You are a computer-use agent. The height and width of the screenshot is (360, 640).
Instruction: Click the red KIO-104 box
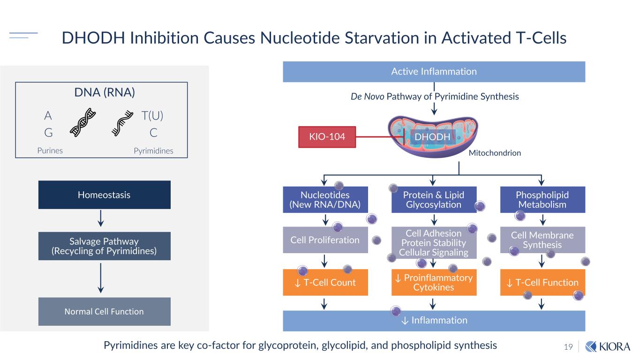[x=327, y=137]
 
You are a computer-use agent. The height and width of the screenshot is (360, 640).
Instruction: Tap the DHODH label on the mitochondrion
[x=432, y=137]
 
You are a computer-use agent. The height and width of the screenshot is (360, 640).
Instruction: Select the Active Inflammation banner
[x=434, y=72]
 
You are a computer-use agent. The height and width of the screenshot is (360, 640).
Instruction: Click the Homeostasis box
[x=104, y=195]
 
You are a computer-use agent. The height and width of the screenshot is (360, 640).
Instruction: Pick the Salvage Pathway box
[x=104, y=246]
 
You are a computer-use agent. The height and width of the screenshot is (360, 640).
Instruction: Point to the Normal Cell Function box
[x=104, y=311]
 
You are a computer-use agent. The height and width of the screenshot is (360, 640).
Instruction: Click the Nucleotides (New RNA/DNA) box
[x=325, y=200]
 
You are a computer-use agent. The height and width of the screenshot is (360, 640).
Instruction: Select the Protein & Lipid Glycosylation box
[x=434, y=200]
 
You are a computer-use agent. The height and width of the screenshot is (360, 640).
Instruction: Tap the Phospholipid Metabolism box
[x=542, y=200]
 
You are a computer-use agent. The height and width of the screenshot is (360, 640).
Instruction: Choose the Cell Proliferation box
[x=325, y=240]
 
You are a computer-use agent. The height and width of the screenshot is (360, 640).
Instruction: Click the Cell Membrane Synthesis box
[x=542, y=240]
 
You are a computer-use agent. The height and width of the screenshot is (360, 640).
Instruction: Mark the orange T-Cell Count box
[x=325, y=282]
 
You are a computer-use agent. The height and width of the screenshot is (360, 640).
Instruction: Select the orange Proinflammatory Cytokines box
[x=434, y=282]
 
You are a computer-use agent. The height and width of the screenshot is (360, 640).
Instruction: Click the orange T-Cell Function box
[x=542, y=282]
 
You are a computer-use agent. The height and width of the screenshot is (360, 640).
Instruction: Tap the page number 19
[x=568, y=347]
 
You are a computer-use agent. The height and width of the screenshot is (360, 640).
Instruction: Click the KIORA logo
[x=608, y=346]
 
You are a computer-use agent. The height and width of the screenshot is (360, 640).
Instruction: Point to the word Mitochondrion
[x=495, y=153]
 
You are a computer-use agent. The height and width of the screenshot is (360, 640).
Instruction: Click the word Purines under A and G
[x=50, y=151]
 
